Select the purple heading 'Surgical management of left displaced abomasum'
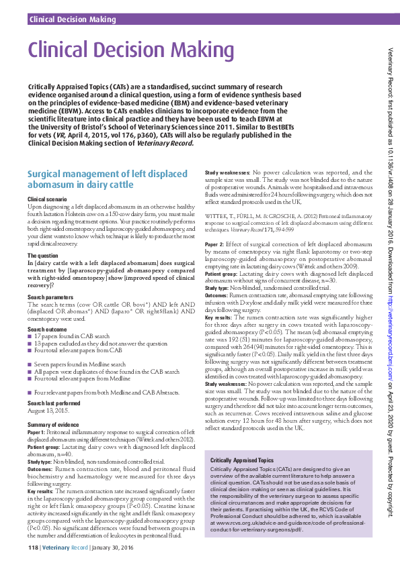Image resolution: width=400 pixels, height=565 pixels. coord(97,178)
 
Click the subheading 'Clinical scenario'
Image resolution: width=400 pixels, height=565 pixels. coord(47,200)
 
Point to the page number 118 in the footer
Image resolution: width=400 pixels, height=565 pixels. coord(33,548)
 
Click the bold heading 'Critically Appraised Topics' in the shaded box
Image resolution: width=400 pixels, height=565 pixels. coord(243,460)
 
